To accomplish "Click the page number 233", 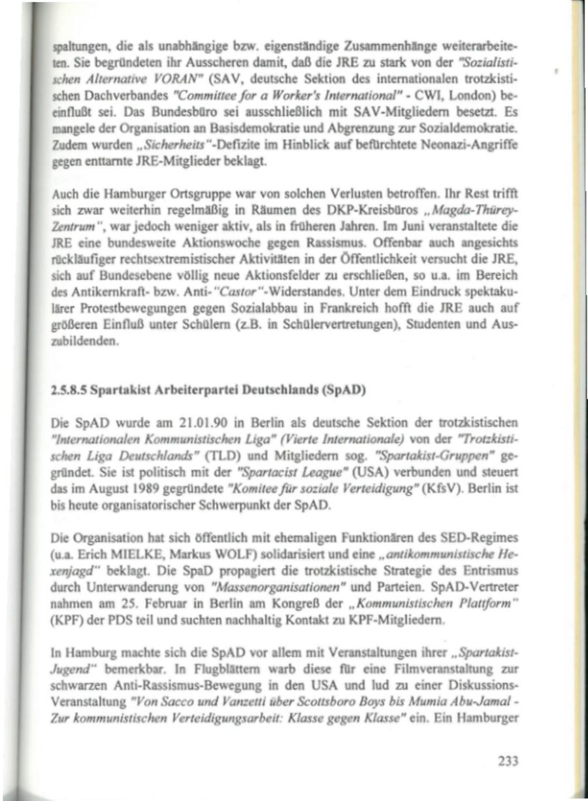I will coord(508,760).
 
